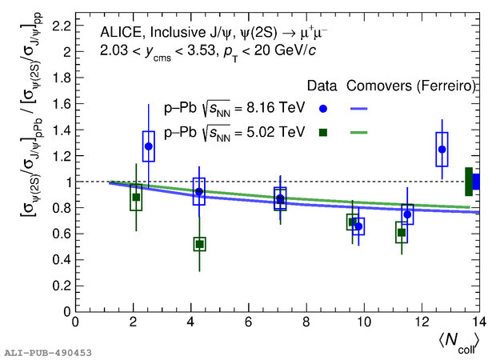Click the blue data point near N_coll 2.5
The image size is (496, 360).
click(x=148, y=146)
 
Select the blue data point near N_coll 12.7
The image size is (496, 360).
click(x=442, y=149)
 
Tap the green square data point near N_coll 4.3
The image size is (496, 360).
click(x=200, y=244)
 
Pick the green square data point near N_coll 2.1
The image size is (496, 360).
click(x=136, y=197)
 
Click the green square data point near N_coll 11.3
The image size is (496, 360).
click(x=402, y=233)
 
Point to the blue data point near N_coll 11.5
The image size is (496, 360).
click(x=407, y=214)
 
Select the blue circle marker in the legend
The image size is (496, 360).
click(x=322, y=108)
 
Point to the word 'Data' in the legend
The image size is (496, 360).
click(x=323, y=86)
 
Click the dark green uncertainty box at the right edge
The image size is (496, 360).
click(x=469, y=182)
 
